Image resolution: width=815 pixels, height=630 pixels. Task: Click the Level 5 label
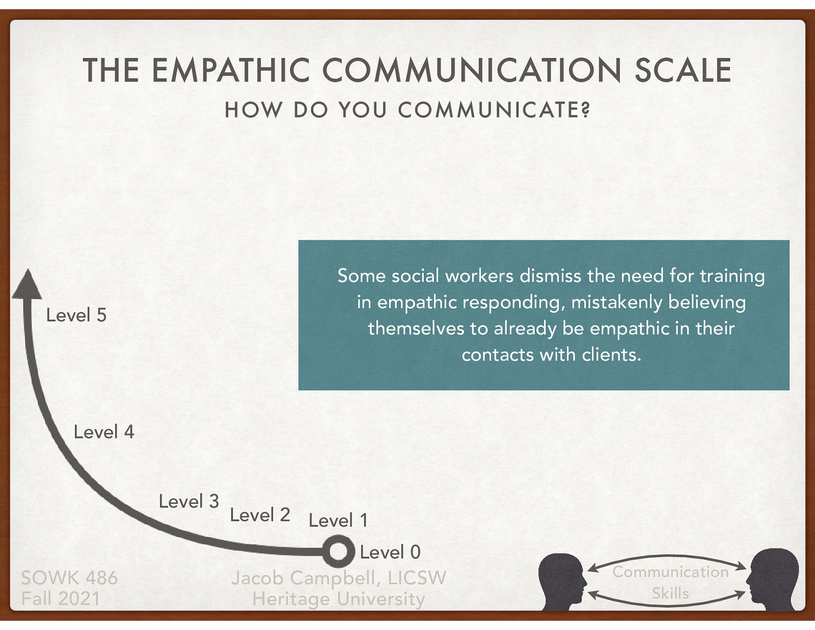coord(76,315)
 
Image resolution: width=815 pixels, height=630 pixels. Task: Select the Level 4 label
coord(104,432)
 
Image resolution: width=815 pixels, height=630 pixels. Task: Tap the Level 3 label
coord(188,502)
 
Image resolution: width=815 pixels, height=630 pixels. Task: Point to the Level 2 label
coord(260,515)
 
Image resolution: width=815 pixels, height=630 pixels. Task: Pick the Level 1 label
coord(338,521)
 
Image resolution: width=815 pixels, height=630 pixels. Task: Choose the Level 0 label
coord(390,552)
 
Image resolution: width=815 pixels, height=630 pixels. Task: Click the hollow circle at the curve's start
coord(338,552)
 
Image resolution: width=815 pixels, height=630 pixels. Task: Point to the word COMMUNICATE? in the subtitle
coord(494,110)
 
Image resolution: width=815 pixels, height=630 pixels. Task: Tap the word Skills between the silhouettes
coord(670,593)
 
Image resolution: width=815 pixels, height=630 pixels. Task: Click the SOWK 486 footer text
coord(69,578)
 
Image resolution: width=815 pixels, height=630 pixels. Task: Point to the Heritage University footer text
coord(338,599)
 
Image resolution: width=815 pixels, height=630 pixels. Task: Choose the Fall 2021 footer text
coord(61,598)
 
